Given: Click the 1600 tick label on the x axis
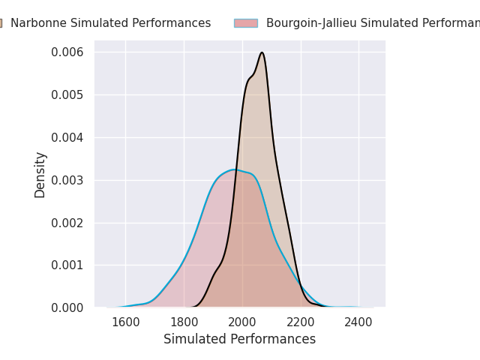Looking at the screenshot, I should (x=125, y=322).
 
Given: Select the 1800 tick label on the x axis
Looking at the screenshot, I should (x=184, y=322).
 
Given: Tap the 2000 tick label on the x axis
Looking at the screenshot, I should (x=242, y=322).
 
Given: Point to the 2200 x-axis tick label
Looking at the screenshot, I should (x=301, y=322).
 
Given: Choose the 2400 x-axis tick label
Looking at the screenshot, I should (x=358, y=322).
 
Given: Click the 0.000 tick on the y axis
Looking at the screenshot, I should (x=67, y=307).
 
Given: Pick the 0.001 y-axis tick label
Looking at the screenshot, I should (x=67, y=265).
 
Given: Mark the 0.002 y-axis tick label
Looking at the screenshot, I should (x=67, y=223).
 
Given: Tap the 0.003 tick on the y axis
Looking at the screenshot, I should (x=67, y=180).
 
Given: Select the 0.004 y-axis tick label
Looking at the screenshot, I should (x=67, y=137).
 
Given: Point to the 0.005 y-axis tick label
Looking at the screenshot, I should (x=67, y=94).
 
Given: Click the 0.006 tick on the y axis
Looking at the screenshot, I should (x=67, y=52).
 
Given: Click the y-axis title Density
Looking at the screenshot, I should (x=40, y=175).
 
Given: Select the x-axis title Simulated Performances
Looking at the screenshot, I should (x=239, y=340).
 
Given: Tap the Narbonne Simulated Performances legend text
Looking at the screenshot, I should (x=110, y=23).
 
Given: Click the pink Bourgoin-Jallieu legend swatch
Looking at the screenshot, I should (x=245, y=23).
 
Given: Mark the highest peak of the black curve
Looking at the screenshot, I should (x=262, y=52).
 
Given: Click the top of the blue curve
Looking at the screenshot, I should (x=235, y=169).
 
